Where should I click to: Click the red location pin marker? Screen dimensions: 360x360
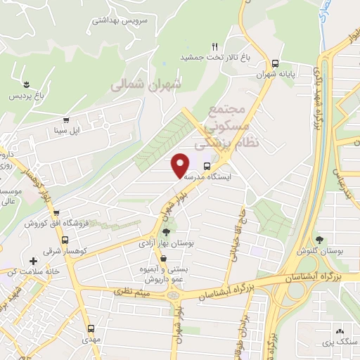[x=181, y=165]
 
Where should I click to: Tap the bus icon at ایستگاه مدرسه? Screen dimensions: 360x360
[x=207, y=167]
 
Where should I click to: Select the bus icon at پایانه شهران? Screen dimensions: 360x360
[x=274, y=61]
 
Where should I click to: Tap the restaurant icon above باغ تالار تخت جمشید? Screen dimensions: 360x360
[x=215, y=46]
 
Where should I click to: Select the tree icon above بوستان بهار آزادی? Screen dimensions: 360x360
[x=166, y=231]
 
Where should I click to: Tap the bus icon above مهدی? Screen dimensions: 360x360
[x=91, y=328]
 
